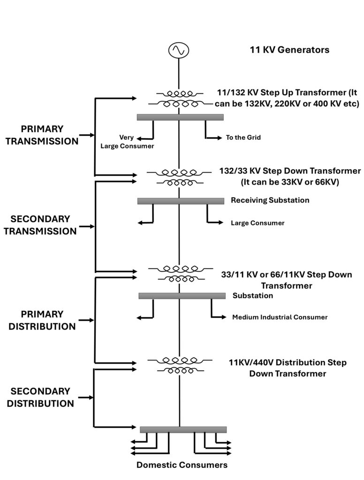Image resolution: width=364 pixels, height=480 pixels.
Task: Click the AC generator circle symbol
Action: [x=179, y=50]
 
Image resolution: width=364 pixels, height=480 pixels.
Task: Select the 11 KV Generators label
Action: [x=289, y=50]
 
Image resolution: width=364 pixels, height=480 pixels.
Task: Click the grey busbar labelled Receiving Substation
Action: [x=181, y=201]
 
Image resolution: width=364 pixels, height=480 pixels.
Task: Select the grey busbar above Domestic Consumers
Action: [x=183, y=429]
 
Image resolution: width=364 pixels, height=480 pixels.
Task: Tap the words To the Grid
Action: [x=243, y=138]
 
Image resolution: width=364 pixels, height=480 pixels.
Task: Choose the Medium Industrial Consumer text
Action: [x=280, y=317]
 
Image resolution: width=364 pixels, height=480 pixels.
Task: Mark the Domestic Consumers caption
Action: [x=182, y=465]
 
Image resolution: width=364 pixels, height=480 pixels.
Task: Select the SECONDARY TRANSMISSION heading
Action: [x=40, y=225]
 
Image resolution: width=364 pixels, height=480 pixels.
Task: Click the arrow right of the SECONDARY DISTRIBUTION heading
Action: [x=86, y=397]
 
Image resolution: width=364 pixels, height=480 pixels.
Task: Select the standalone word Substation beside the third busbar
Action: [x=253, y=296]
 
